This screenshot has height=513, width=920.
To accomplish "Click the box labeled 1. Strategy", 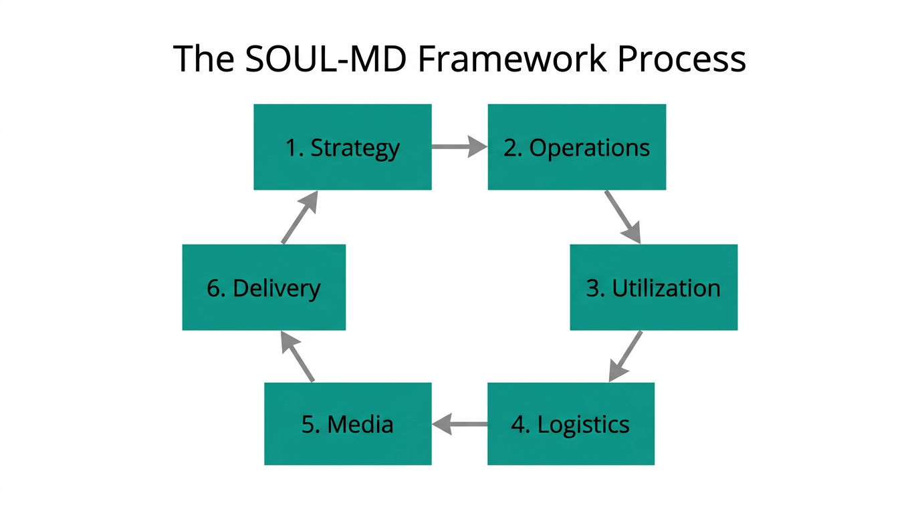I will [x=342, y=147].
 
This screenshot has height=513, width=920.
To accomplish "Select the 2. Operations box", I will [x=576, y=147].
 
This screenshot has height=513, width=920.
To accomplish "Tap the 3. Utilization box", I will [x=653, y=287].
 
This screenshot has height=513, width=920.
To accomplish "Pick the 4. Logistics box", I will [x=570, y=423].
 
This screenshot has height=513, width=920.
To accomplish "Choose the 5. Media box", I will [x=348, y=423].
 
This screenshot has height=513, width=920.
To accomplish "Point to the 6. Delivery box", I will [x=263, y=287].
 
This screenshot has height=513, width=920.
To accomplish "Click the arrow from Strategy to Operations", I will [x=459, y=146].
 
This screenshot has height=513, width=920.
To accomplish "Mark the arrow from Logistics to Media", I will [x=459, y=423].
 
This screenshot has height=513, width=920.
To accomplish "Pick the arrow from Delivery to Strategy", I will [x=299, y=217].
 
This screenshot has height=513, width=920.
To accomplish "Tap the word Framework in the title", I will [x=512, y=59].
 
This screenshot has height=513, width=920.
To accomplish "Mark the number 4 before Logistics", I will [x=520, y=424].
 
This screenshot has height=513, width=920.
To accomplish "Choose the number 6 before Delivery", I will [x=214, y=288].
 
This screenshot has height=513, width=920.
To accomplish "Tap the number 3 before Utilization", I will [x=593, y=288].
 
